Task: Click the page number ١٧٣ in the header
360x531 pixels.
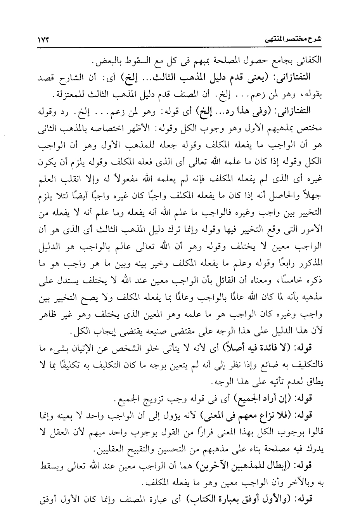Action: click(x=45, y=40)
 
